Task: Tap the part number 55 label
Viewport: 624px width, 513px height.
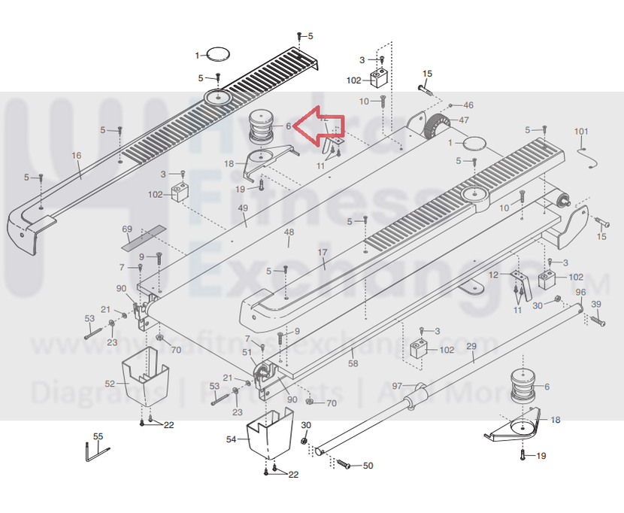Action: [98, 436]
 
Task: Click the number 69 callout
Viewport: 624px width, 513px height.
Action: [126, 228]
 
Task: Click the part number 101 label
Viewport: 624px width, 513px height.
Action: [581, 132]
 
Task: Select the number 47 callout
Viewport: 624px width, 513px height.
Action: [464, 120]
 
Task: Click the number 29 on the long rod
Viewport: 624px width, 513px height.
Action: [472, 347]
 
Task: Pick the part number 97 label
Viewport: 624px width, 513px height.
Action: [397, 385]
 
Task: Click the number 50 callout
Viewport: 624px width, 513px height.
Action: [368, 466]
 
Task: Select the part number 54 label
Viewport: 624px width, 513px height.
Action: [232, 439]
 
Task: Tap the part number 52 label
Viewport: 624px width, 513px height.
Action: [110, 384]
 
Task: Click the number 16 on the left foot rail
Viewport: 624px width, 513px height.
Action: [76, 156]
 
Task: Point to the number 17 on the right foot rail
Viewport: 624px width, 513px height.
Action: [323, 253]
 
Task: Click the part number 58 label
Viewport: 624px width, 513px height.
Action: [353, 363]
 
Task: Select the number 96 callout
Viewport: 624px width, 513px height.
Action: [580, 292]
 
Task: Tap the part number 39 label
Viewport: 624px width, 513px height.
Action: [596, 303]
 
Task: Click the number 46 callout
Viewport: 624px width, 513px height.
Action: [468, 105]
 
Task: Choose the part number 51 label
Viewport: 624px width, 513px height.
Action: [247, 352]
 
